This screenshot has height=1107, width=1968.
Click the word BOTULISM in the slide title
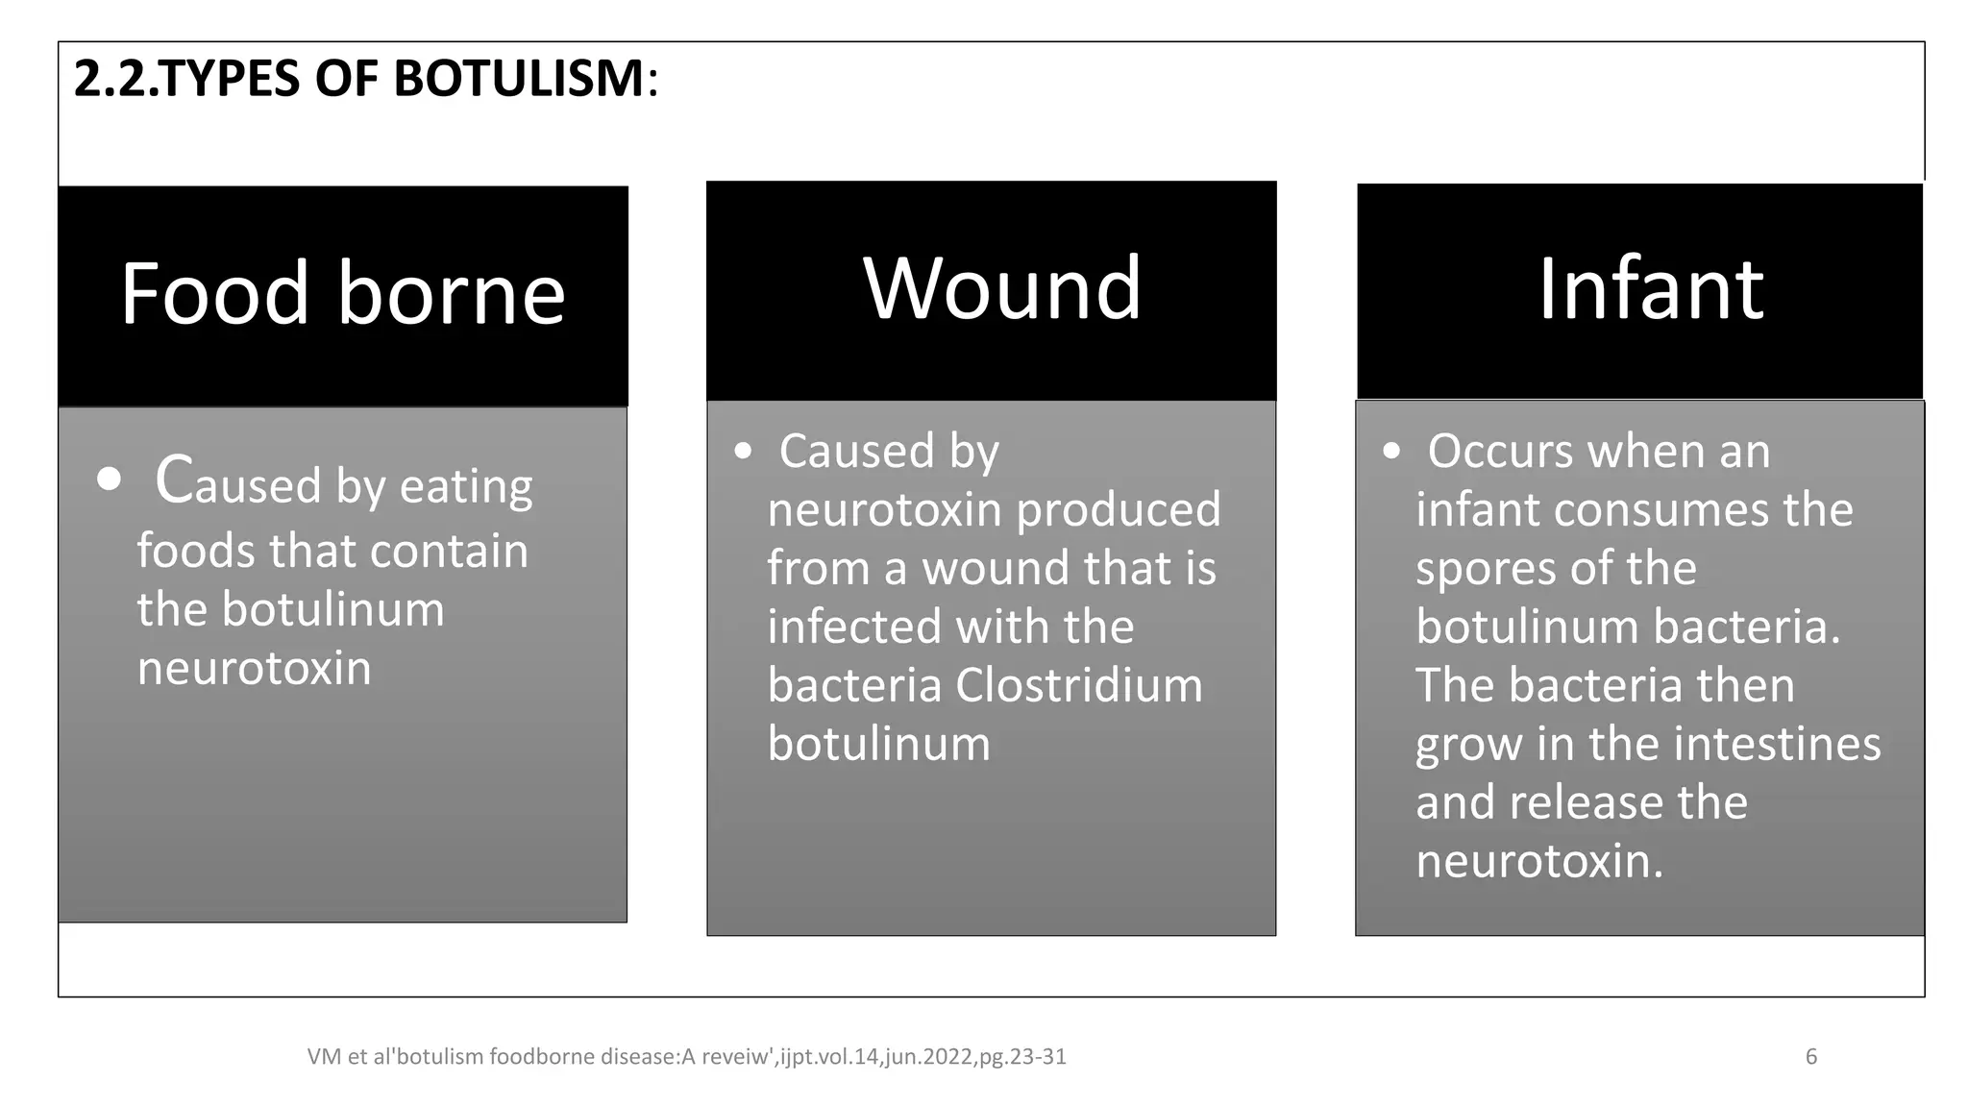519,79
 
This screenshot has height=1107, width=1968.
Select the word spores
1485,568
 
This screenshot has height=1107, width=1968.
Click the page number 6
1811,1057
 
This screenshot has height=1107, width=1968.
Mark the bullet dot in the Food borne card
110,479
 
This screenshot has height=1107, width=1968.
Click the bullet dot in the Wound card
742,451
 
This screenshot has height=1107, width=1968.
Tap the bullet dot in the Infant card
1390,451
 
